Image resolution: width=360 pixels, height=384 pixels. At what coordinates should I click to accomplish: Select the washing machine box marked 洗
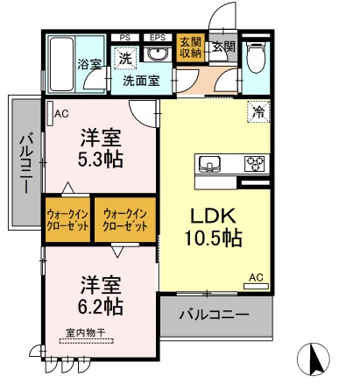point(126,57)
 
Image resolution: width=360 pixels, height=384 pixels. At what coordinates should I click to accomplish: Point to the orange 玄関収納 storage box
point(189,48)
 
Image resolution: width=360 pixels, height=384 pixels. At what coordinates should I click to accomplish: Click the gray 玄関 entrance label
point(222,46)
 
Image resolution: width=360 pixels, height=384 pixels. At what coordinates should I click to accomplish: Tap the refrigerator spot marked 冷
point(258,110)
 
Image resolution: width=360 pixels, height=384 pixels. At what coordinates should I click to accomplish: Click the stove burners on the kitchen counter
point(255,162)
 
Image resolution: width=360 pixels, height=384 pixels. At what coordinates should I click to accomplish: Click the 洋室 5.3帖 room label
point(101,146)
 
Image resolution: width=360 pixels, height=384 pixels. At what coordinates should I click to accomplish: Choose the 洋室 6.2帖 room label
point(101,297)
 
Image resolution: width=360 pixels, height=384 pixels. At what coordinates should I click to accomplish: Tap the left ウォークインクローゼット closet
point(68,219)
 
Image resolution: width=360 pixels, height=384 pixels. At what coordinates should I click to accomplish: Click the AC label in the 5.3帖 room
point(62,113)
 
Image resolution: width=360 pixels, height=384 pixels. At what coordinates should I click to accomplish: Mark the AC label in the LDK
point(256,278)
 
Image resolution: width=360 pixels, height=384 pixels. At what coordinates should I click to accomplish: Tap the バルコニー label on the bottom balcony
point(215,314)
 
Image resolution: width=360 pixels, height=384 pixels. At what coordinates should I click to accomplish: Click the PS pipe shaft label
point(126,37)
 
